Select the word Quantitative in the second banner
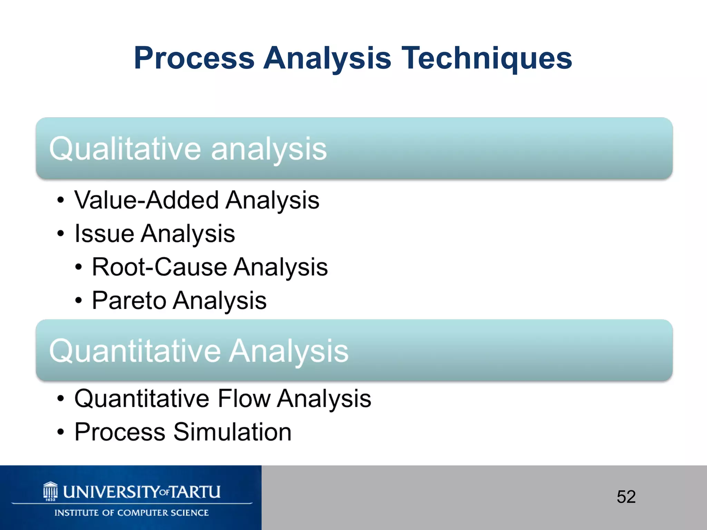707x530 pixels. click(x=135, y=351)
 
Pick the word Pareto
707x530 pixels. click(x=129, y=301)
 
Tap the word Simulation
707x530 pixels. click(x=232, y=432)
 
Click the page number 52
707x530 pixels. click(x=626, y=497)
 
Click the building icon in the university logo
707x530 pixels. click(x=50, y=491)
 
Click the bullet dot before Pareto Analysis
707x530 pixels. click(x=79, y=301)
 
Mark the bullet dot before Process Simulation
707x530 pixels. click(x=61, y=432)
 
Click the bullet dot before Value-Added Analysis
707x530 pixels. click(x=61, y=200)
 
